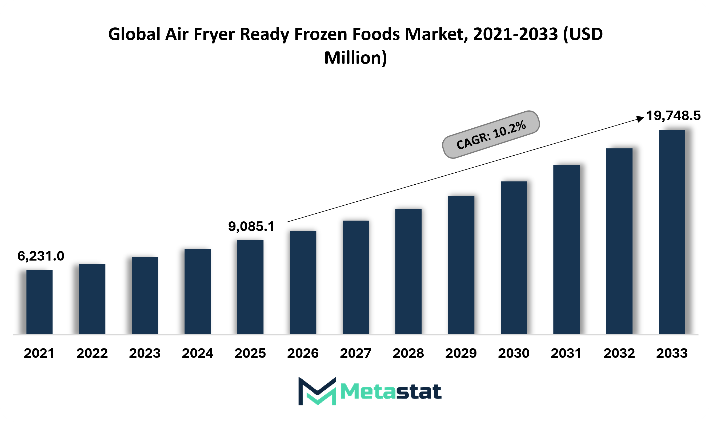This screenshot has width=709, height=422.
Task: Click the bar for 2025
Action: tap(250, 287)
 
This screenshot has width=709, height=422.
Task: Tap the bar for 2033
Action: tap(672, 232)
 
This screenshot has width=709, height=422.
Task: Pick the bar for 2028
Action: tap(408, 271)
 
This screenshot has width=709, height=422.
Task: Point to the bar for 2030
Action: tap(514, 257)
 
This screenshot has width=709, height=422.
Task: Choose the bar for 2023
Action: tap(145, 295)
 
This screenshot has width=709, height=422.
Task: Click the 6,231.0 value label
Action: tap(41, 256)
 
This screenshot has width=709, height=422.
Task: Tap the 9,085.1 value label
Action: tap(251, 226)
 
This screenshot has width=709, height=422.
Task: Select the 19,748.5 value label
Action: tap(673, 116)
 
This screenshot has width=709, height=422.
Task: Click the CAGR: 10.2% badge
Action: tap(491, 135)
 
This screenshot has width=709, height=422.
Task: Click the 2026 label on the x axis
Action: tap(303, 353)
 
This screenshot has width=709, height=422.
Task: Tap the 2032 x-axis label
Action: tap(619, 353)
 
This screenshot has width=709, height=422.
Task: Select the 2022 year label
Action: tap(92, 353)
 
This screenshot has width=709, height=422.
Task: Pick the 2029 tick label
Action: tap(461, 353)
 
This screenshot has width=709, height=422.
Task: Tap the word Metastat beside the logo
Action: tap(391, 392)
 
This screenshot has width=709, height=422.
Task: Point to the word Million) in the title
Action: tap(355, 58)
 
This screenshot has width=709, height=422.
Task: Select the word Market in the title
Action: tap(436, 34)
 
